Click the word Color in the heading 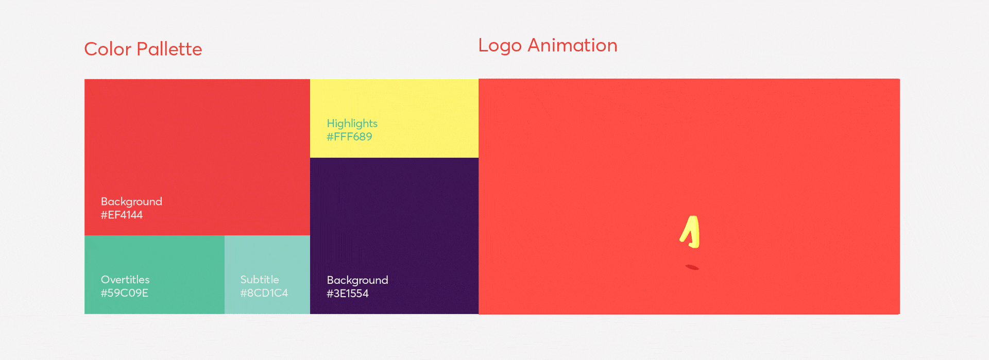point(108,49)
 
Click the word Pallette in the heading point(169,49)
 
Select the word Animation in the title point(572,45)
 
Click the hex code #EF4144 point(122,215)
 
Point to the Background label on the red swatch point(131,201)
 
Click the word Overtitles point(125,280)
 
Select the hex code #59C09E point(125,293)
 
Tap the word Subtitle point(260,280)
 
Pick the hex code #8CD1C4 point(264,293)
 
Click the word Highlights point(352,124)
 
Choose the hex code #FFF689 point(349,136)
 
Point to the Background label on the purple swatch point(357,280)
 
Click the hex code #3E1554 point(348,294)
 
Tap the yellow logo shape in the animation point(691,232)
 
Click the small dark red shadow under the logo point(692,267)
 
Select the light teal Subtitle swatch point(267,275)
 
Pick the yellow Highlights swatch point(394,118)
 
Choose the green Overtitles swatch point(155,275)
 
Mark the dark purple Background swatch point(394,236)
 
